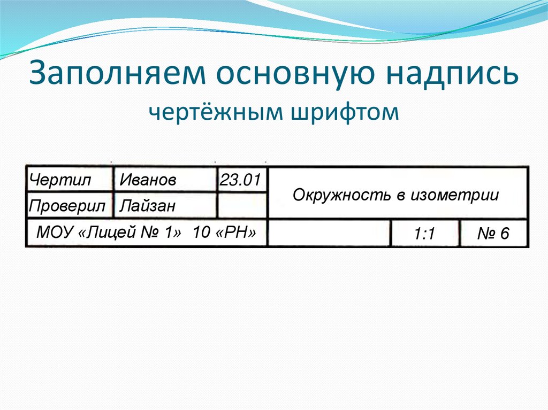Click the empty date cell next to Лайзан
click(x=241, y=206)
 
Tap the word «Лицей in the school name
click(x=113, y=233)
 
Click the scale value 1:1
click(x=424, y=234)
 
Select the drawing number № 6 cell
click(x=493, y=234)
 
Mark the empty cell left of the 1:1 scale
click(x=329, y=234)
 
